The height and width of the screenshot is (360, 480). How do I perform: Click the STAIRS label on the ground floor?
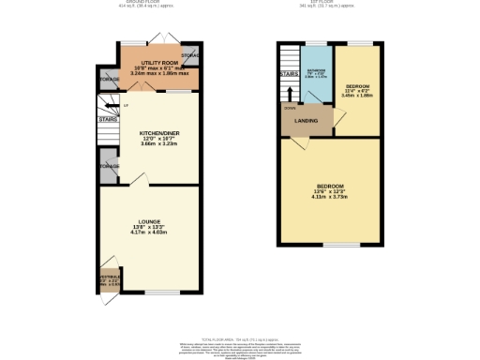(107, 120)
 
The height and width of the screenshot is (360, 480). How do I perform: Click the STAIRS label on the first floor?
(288, 72)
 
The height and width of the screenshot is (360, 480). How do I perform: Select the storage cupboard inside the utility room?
(191, 55)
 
